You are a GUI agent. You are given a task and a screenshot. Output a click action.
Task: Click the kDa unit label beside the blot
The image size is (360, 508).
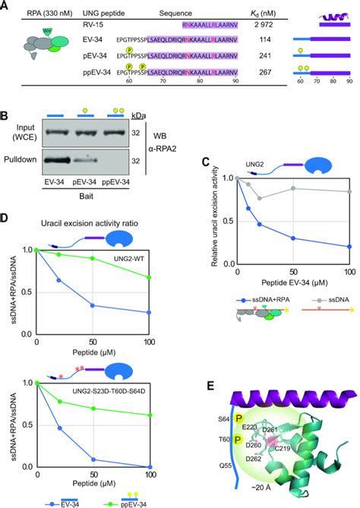[x=140, y=117]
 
